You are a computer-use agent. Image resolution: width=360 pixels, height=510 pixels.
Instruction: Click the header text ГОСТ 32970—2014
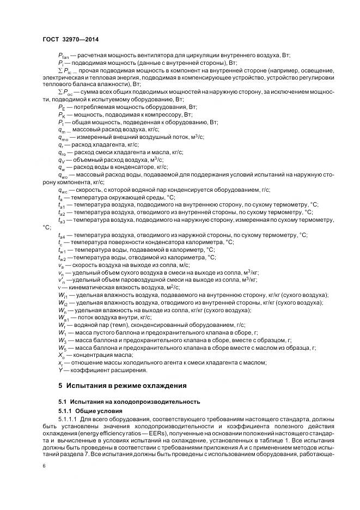pos(71,40)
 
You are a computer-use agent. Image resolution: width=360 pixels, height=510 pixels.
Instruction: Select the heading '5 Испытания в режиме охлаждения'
pos(123,385)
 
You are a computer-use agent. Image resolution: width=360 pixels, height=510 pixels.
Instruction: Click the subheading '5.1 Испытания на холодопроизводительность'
pos(123,401)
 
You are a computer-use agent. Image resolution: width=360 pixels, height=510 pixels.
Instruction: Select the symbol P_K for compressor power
pos(61,116)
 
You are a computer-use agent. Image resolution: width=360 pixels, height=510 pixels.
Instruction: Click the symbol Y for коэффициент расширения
pos(60,370)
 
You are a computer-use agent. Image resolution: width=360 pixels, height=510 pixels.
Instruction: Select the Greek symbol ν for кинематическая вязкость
pos(59,287)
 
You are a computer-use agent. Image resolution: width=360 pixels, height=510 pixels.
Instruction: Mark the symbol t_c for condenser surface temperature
pos(60,242)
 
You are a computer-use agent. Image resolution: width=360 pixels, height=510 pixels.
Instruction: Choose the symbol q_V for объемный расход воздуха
pos(61,160)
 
